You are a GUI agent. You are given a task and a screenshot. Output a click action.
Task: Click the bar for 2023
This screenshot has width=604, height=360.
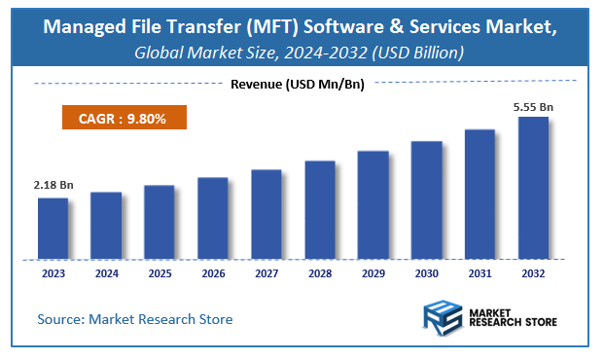tap(53, 229)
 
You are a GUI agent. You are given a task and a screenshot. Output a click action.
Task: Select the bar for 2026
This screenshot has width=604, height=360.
tap(213, 219)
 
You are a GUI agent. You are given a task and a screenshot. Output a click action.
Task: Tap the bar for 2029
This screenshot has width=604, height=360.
tap(373, 205)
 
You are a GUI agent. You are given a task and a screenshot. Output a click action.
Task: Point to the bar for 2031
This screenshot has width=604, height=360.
tap(480, 195)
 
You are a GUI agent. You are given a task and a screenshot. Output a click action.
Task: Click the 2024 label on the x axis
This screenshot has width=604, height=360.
tap(106, 274)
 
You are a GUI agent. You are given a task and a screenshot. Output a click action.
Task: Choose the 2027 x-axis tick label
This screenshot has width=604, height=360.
tap(266, 274)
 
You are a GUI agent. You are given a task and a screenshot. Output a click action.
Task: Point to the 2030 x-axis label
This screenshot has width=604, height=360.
tap(426, 274)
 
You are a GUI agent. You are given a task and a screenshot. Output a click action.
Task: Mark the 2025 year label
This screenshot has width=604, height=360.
tap(160, 274)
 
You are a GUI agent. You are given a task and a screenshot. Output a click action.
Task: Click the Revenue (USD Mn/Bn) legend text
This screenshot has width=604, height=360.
tap(297, 86)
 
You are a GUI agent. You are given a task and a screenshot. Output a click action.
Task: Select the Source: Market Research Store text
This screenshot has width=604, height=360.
tap(135, 319)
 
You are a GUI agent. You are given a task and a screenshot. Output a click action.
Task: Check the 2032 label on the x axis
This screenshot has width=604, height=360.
tap(533, 274)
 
